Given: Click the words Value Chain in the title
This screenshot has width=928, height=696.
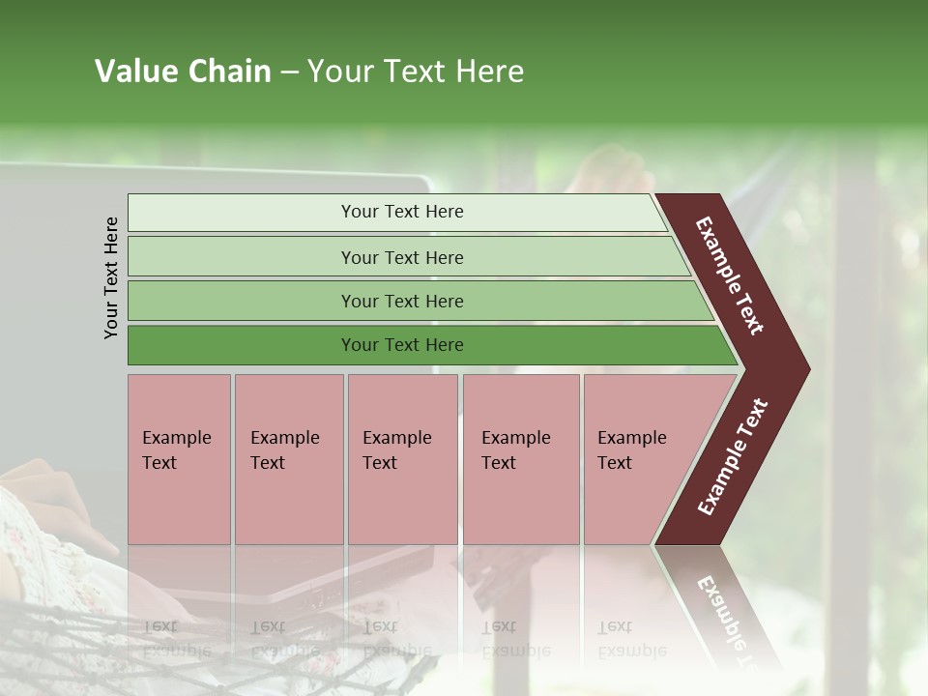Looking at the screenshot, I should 183,72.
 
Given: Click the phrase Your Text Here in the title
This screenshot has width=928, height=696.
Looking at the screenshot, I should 416,72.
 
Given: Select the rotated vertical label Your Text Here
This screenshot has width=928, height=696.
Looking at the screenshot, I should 111,277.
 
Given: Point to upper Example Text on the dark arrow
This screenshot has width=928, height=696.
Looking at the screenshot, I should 730,275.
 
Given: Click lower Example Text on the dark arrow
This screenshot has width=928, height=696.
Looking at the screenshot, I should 733,457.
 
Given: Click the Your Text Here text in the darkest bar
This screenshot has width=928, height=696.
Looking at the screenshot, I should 402,345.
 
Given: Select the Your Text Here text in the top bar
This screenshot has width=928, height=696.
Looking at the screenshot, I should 402,212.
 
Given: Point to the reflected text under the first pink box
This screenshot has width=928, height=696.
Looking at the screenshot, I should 176,639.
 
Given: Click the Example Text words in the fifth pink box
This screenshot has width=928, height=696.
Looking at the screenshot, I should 631,449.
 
